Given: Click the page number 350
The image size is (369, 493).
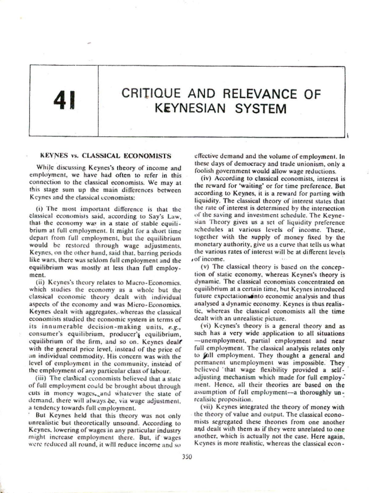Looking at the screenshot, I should (x=187, y=457).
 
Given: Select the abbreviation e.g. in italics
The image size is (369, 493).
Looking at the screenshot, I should (x=169, y=327).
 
